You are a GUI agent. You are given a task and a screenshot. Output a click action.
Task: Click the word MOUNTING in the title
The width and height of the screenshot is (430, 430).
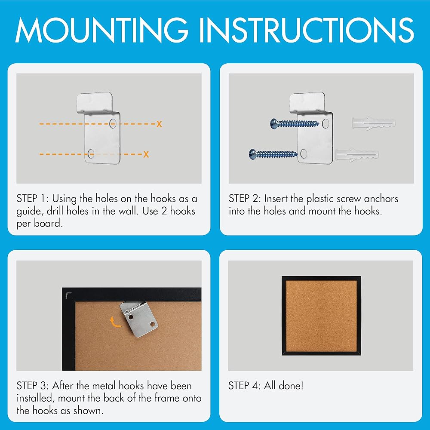(x=102, y=30)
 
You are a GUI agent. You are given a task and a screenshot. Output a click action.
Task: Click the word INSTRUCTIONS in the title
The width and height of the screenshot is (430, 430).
(x=307, y=30)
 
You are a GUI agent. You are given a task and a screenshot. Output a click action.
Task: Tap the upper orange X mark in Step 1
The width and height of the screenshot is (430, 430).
(x=160, y=124)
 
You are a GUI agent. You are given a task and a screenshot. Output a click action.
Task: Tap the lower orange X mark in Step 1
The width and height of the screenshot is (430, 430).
(x=146, y=154)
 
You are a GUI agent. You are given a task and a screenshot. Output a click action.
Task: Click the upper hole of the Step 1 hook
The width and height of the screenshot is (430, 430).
(x=113, y=124)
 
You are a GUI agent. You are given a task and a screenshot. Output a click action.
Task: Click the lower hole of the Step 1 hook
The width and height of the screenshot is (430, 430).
(x=90, y=154)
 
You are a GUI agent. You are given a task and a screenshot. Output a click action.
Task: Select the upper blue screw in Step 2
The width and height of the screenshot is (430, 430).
(x=295, y=123)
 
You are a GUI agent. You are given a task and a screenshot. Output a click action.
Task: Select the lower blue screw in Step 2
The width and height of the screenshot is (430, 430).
(x=273, y=154)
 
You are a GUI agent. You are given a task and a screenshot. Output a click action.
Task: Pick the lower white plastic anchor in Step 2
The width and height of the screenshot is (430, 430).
(x=357, y=155)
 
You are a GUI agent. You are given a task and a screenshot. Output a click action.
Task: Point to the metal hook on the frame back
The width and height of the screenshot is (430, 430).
(x=139, y=319)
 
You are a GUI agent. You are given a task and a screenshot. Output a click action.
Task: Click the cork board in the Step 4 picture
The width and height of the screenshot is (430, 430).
(x=321, y=316)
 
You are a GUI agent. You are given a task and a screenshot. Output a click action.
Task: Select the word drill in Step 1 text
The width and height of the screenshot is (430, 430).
(x=55, y=211)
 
